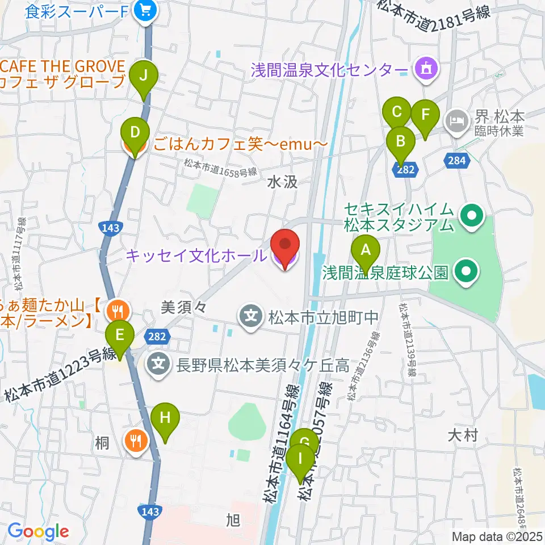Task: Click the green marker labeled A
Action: coord(366,250)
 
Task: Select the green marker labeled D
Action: coord(135,133)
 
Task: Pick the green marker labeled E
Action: coord(120,336)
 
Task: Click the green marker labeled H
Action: coord(165,418)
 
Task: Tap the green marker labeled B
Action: coord(401,140)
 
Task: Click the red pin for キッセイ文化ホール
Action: coord(284,246)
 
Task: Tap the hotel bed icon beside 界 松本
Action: coord(456,120)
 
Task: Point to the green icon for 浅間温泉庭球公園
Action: coord(467,272)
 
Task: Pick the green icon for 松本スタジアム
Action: coord(471,216)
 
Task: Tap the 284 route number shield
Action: coord(458,161)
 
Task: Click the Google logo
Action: coord(39,531)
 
